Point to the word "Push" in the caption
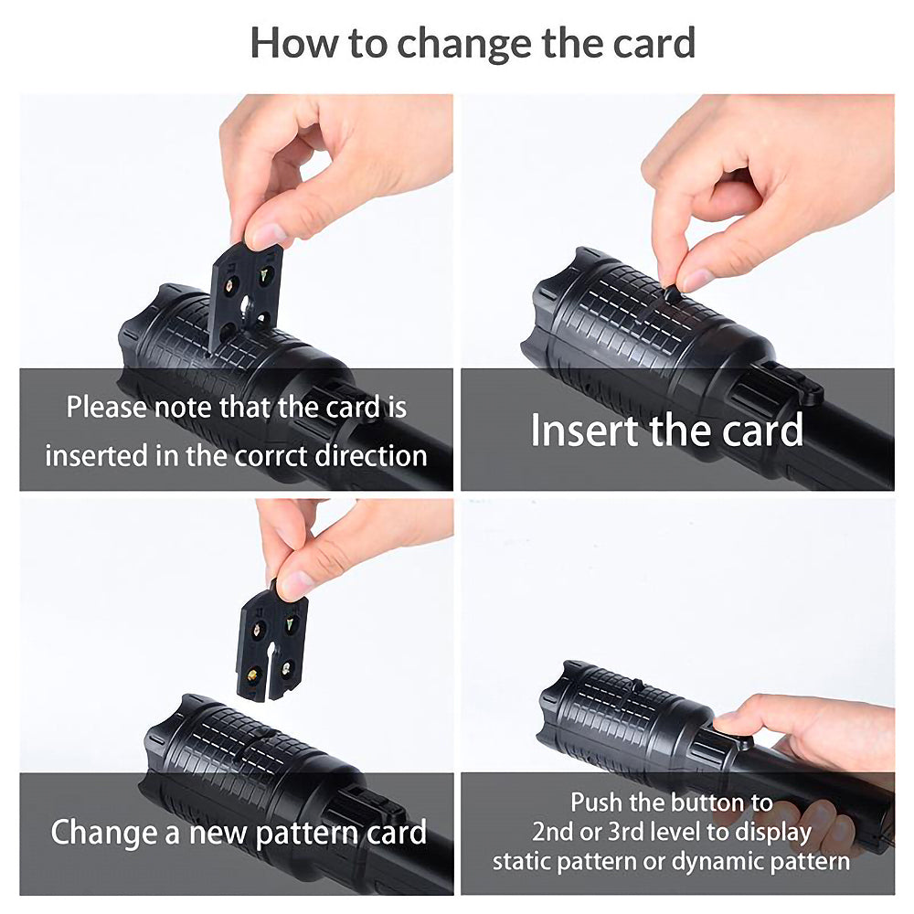pyautogui.click(x=596, y=802)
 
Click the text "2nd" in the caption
pyautogui.click(x=553, y=832)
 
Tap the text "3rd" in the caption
pyautogui.click(x=625, y=832)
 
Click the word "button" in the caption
pyautogui.click(x=707, y=802)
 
